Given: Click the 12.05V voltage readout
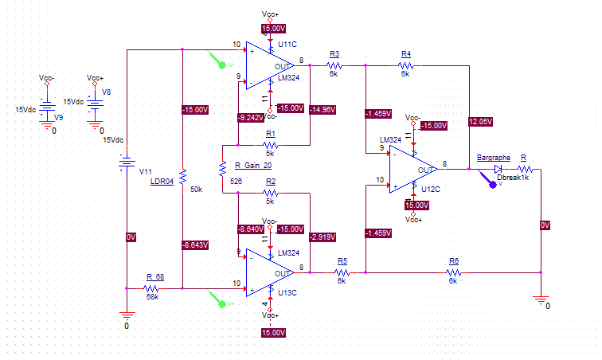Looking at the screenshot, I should pyautogui.click(x=481, y=122).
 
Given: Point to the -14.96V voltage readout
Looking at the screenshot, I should pyautogui.click(x=322, y=108).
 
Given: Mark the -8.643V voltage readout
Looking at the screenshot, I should pyautogui.click(x=195, y=245).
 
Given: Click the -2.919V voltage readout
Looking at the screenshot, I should pyautogui.click(x=322, y=237).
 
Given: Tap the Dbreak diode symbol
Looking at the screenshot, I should pyautogui.click(x=498, y=169).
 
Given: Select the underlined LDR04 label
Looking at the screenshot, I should pyautogui.click(x=162, y=182).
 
